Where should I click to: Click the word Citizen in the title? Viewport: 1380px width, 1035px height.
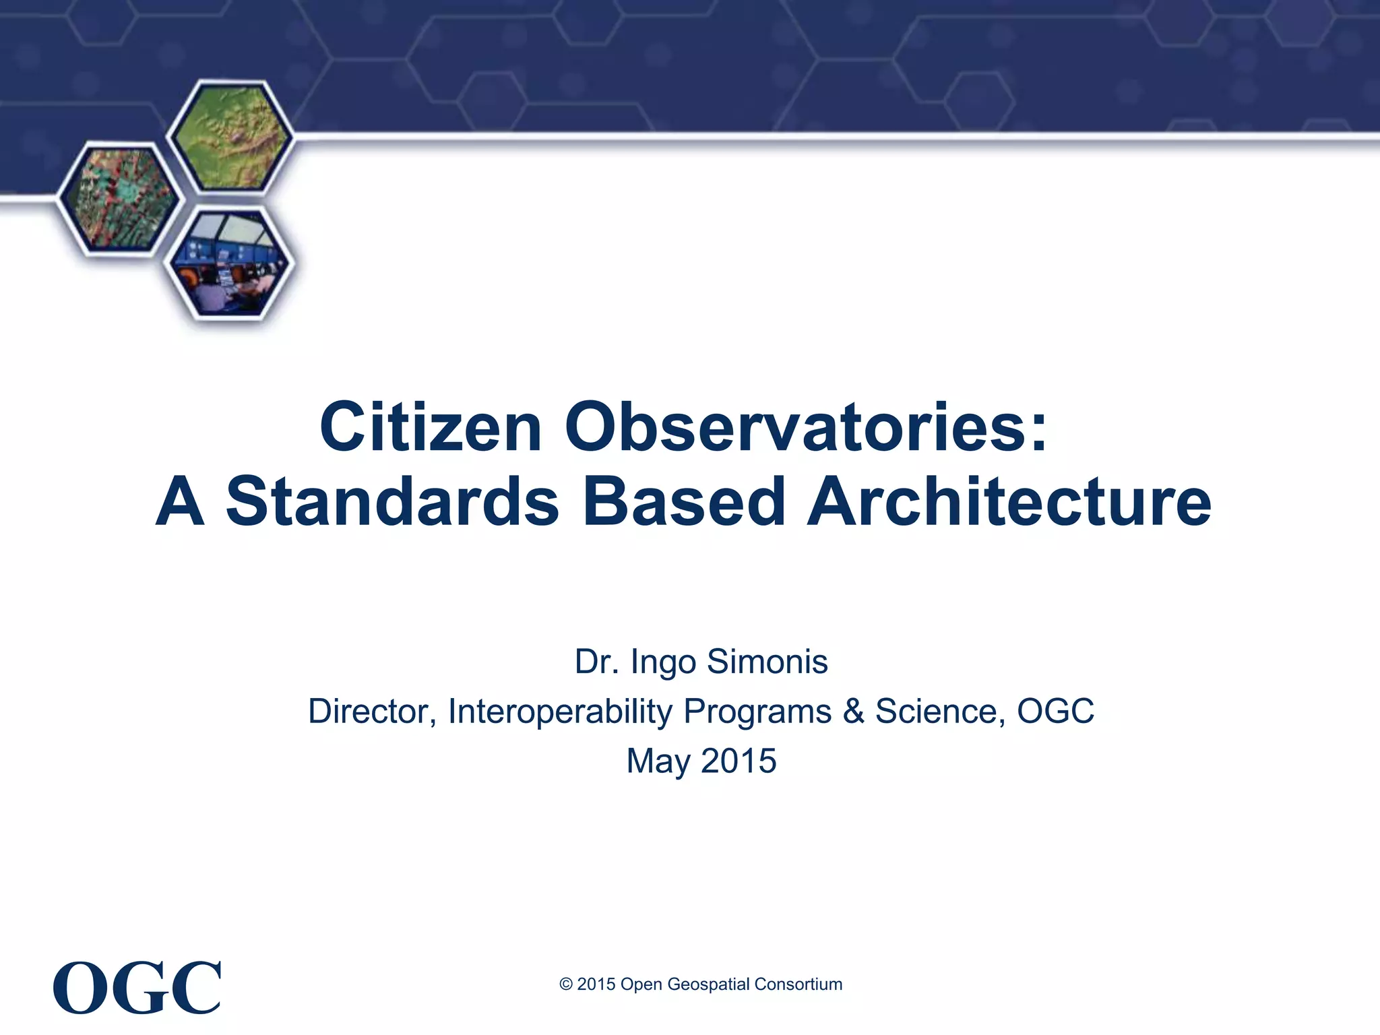tap(431, 427)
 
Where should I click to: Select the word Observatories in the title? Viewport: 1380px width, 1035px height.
tap(805, 427)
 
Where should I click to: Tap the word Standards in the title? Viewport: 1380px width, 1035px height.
tap(392, 502)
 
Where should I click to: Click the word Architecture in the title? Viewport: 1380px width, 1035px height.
tap(1009, 502)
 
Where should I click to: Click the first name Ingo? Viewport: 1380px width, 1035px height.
tap(663, 662)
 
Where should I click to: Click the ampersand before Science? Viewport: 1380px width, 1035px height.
tap(853, 711)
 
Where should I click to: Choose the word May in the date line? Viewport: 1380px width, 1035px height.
tap(658, 762)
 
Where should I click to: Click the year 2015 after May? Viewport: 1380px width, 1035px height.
tap(739, 761)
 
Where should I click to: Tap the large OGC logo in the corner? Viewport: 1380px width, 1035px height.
tap(137, 988)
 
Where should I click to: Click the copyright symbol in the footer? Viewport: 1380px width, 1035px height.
tap(566, 984)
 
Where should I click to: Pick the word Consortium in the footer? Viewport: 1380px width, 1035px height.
tap(798, 984)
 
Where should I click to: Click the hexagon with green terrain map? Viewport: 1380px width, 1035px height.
tap(230, 137)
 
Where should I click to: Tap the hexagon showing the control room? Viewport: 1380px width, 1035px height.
tap(230, 263)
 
